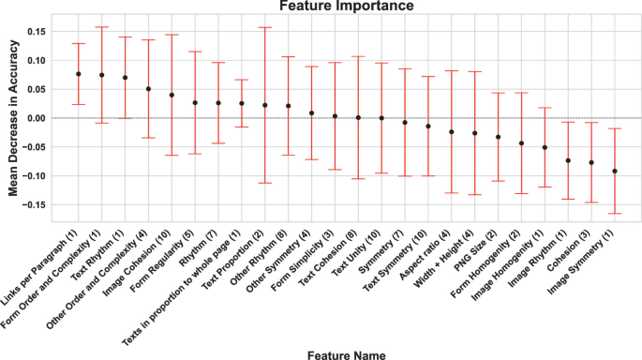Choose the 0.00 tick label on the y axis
(x=34, y=118)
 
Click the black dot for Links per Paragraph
(x=79, y=74)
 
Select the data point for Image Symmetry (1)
(x=614, y=171)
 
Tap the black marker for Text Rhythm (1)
(x=125, y=78)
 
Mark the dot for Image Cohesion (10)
(x=172, y=95)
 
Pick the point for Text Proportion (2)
(x=265, y=105)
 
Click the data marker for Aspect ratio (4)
(x=451, y=132)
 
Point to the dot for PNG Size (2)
(x=498, y=137)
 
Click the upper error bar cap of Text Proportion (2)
(x=265, y=27)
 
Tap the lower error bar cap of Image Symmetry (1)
(x=614, y=214)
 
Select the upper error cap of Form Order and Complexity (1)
(x=102, y=27)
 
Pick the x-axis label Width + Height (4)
(x=448, y=258)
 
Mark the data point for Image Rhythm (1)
(x=568, y=160)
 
